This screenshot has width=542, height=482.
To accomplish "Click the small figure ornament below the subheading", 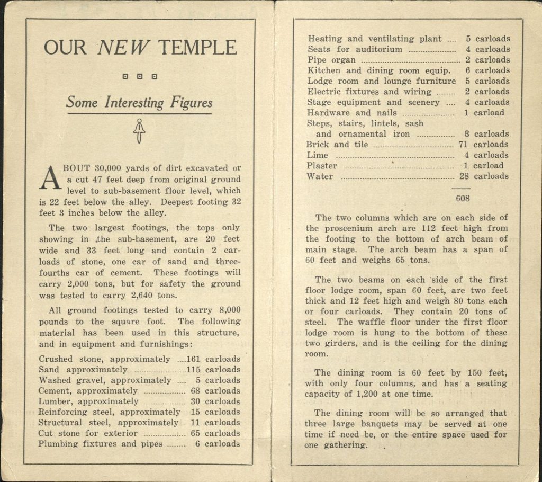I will coord(139,131).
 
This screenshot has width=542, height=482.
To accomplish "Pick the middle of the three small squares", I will coord(140,76).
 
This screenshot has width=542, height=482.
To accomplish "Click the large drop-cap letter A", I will coord(48,178).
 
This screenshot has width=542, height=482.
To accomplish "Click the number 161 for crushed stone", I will coord(194,359).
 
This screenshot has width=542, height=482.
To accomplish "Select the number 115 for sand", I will coord(194,370).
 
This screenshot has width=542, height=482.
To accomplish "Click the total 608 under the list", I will coord(462,199).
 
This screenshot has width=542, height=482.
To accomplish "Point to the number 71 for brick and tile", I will coord(463,145).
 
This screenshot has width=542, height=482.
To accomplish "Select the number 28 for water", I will coord(464,176).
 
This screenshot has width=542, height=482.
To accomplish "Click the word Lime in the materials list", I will coord(317,155).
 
